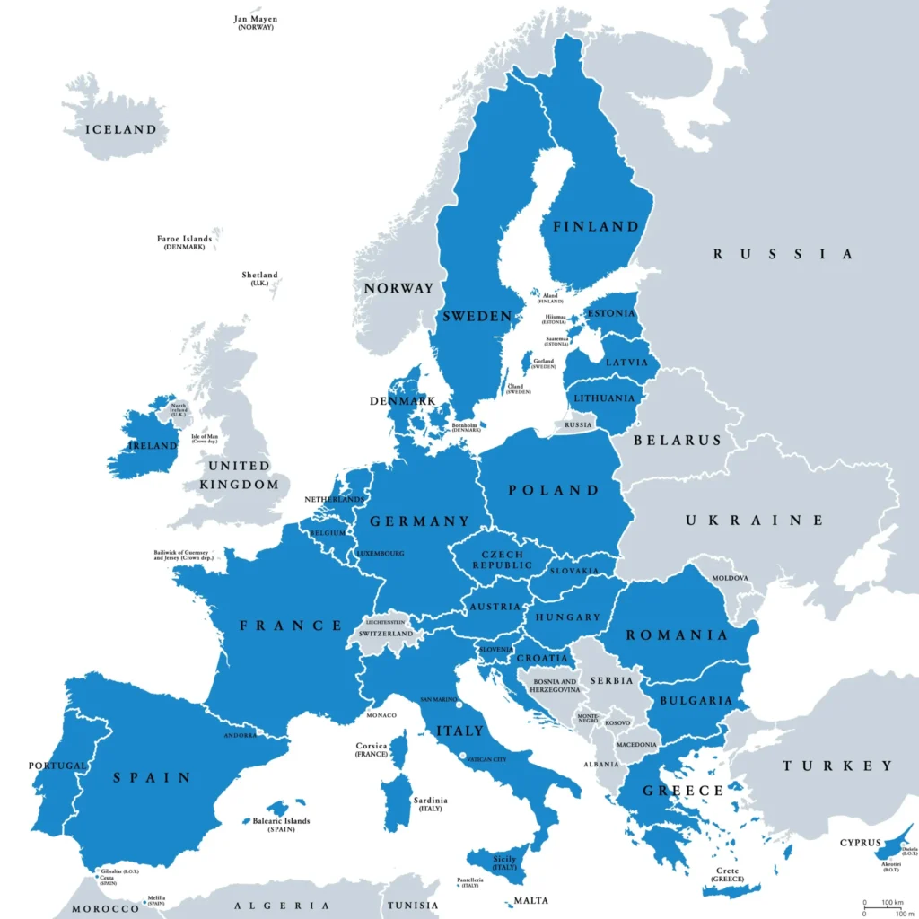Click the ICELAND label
point(120,129)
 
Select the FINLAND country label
point(595,226)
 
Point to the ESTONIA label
point(611,314)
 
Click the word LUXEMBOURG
point(380,554)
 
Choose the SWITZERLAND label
point(385,634)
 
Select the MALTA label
point(530,900)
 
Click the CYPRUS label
point(860,843)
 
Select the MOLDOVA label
point(730,578)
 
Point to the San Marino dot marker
point(459,705)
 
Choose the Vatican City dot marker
point(463,757)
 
